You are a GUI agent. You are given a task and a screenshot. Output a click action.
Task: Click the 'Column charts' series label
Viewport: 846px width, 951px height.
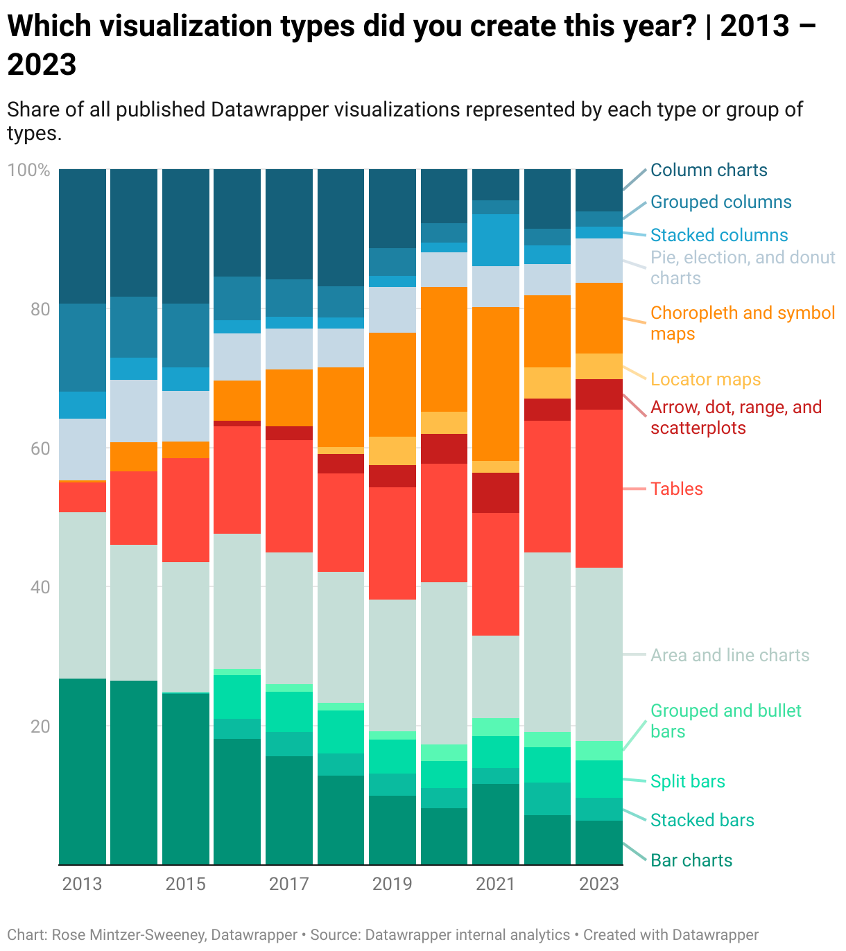coord(709,171)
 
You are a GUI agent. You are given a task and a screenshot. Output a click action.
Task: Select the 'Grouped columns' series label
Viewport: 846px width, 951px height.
coord(720,202)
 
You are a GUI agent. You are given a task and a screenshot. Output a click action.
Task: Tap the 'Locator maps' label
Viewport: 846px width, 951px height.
coord(705,380)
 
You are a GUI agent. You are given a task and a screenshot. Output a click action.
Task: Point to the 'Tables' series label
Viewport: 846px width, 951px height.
coord(676,489)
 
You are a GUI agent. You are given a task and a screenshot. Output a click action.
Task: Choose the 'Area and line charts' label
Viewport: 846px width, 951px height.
coord(730,656)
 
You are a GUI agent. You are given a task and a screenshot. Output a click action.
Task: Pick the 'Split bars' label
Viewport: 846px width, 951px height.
coord(687,782)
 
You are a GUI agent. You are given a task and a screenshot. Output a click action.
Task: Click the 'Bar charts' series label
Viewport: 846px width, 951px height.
coord(691,861)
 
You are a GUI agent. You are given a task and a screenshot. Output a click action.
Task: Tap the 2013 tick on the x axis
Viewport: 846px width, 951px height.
coord(82,884)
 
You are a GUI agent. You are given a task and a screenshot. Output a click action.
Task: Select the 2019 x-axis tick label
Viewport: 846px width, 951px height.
coord(392,884)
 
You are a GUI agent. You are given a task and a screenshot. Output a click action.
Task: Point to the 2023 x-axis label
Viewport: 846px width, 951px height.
coord(598,884)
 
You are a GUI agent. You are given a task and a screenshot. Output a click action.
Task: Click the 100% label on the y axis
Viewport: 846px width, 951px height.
coord(28,171)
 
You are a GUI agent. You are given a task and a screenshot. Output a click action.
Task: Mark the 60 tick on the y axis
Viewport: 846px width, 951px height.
coord(40,448)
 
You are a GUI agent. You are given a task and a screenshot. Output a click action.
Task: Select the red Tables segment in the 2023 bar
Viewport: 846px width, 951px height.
coord(599,489)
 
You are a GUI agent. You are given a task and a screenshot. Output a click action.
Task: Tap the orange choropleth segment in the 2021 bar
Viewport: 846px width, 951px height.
coord(496,383)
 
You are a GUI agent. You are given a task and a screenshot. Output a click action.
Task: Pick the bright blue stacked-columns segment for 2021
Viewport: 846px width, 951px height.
coord(496,240)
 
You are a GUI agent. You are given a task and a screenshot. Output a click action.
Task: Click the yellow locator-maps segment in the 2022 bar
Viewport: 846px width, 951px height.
coord(547,383)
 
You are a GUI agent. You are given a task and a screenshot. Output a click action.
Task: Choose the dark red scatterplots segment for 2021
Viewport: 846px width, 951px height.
coord(496,493)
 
